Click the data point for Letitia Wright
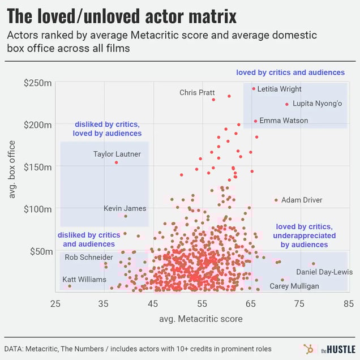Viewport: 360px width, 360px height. point(254,88)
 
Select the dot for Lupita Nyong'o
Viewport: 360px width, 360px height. point(287,104)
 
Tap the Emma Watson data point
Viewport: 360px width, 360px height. point(255,121)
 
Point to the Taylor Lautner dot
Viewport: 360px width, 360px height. point(117,162)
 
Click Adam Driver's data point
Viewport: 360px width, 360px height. point(276,200)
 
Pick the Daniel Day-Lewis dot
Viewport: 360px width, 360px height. point(313,263)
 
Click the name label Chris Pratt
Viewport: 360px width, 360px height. point(197,92)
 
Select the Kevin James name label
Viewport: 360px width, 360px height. point(125,208)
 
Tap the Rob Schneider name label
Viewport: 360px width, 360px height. point(88,258)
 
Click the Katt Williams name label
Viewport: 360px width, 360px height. point(84,280)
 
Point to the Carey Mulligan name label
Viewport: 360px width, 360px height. point(294,286)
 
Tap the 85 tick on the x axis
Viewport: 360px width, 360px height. point(348,304)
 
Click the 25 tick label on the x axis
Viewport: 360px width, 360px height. point(55,304)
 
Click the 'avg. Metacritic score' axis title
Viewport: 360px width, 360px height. point(202,320)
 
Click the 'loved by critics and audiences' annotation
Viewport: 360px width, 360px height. point(290,72)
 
